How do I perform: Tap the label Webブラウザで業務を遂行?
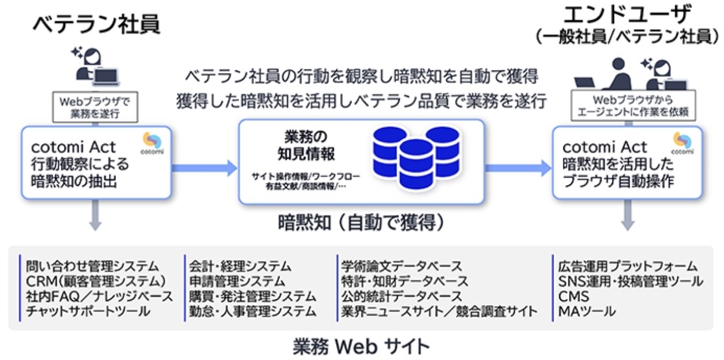(96, 106)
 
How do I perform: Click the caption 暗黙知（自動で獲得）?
(361, 223)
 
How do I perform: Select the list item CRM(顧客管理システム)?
(96, 281)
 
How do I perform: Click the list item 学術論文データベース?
(402, 266)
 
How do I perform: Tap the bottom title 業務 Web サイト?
(361, 346)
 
